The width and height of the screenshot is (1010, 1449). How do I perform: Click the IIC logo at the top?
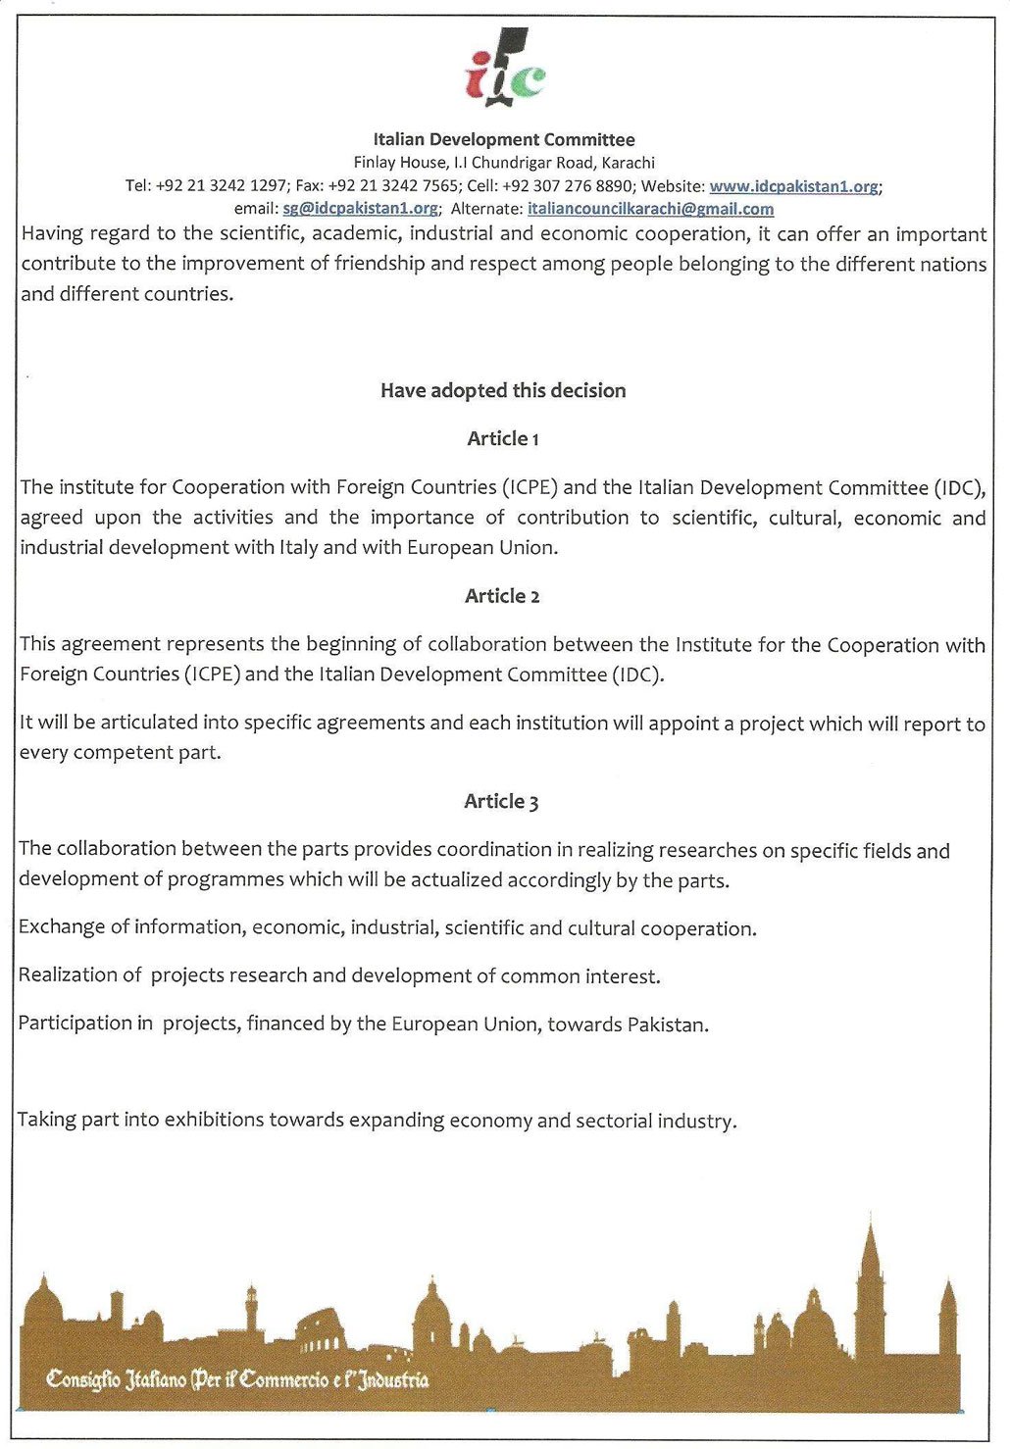tap(504, 69)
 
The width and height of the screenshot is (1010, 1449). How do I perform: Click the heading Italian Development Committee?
tap(503, 139)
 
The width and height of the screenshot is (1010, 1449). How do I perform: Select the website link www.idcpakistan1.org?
tap(793, 186)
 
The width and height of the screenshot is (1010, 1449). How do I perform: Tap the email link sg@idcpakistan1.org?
tap(360, 209)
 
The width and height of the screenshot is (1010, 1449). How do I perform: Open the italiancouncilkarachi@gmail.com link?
tap(650, 209)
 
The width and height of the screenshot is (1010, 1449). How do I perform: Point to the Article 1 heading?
tap(503, 439)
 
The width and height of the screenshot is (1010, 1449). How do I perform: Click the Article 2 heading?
tap(502, 596)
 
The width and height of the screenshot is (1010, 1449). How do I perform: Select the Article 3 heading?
tap(501, 802)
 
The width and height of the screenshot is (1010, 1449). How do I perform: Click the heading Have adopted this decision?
tap(503, 390)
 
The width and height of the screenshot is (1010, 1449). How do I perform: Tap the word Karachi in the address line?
tap(628, 163)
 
